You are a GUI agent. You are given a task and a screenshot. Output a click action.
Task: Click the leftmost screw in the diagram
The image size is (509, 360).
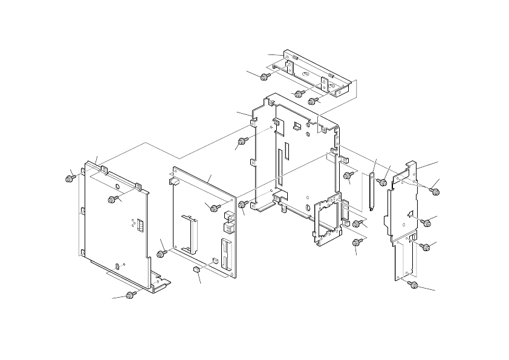tap(69, 178)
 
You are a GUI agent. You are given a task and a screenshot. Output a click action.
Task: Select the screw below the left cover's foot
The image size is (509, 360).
tap(130, 295)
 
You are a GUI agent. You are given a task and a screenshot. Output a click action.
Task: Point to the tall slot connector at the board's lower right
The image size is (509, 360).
tap(225, 254)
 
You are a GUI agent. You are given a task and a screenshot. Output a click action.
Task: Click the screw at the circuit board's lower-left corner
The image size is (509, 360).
tap(161, 252)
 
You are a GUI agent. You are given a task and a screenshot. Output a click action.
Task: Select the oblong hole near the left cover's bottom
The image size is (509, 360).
tap(117, 266)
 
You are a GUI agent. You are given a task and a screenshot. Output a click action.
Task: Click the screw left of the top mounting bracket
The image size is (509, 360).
tap(264, 77)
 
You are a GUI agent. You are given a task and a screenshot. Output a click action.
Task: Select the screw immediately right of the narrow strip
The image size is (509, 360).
tap(383, 182)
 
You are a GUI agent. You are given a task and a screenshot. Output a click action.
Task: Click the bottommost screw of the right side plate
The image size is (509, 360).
tap(413, 284)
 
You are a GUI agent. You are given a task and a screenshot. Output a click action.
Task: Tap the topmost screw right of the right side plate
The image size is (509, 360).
tap(434, 191)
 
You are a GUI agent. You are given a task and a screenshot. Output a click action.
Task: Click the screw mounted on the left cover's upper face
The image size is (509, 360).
tap(112, 199)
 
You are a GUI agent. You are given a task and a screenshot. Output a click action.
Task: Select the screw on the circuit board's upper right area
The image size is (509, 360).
tap(214, 208)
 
